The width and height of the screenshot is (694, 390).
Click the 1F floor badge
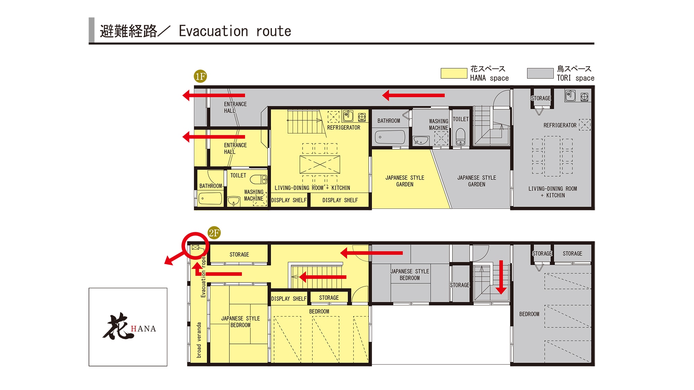(x=201, y=76)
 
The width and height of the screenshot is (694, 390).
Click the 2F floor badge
(x=214, y=233)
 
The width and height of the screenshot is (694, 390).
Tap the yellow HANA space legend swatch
(x=454, y=73)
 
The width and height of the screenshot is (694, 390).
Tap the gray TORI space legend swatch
(x=540, y=73)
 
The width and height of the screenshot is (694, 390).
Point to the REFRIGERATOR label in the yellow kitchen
(x=344, y=128)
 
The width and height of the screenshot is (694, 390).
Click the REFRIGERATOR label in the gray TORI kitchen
(x=560, y=125)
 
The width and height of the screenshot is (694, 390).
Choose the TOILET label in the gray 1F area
(x=460, y=119)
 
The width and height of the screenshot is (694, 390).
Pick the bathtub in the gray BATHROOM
(x=390, y=137)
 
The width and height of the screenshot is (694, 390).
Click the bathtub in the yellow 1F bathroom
(x=210, y=199)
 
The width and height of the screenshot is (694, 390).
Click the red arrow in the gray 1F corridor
(x=413, y=95)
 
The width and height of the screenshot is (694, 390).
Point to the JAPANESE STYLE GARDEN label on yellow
(x=405, y=181)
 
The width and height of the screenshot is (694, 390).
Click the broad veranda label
(x=199, y=340)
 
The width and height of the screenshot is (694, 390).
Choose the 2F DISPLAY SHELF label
(x=289, y=298)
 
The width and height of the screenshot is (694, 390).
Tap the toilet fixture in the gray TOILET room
(x=460, y=137)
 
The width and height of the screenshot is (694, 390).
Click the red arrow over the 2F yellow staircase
(x=323, y=277)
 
